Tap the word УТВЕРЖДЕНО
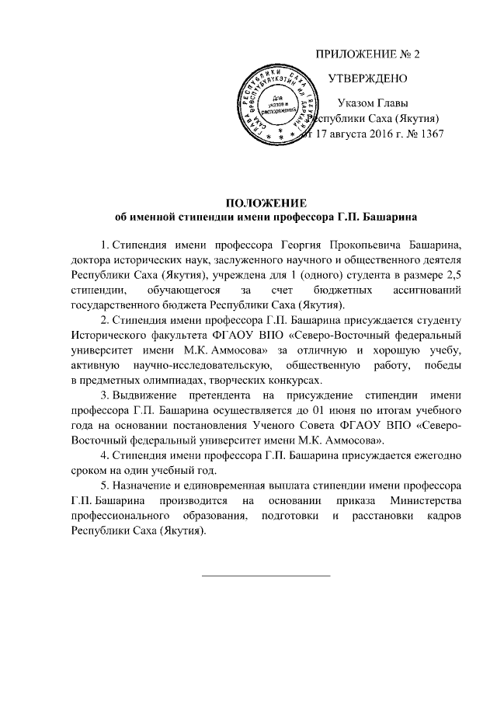click(x=365, y=78)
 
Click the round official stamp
click(x=277, y=105)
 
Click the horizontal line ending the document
click(x=266, y=576)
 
